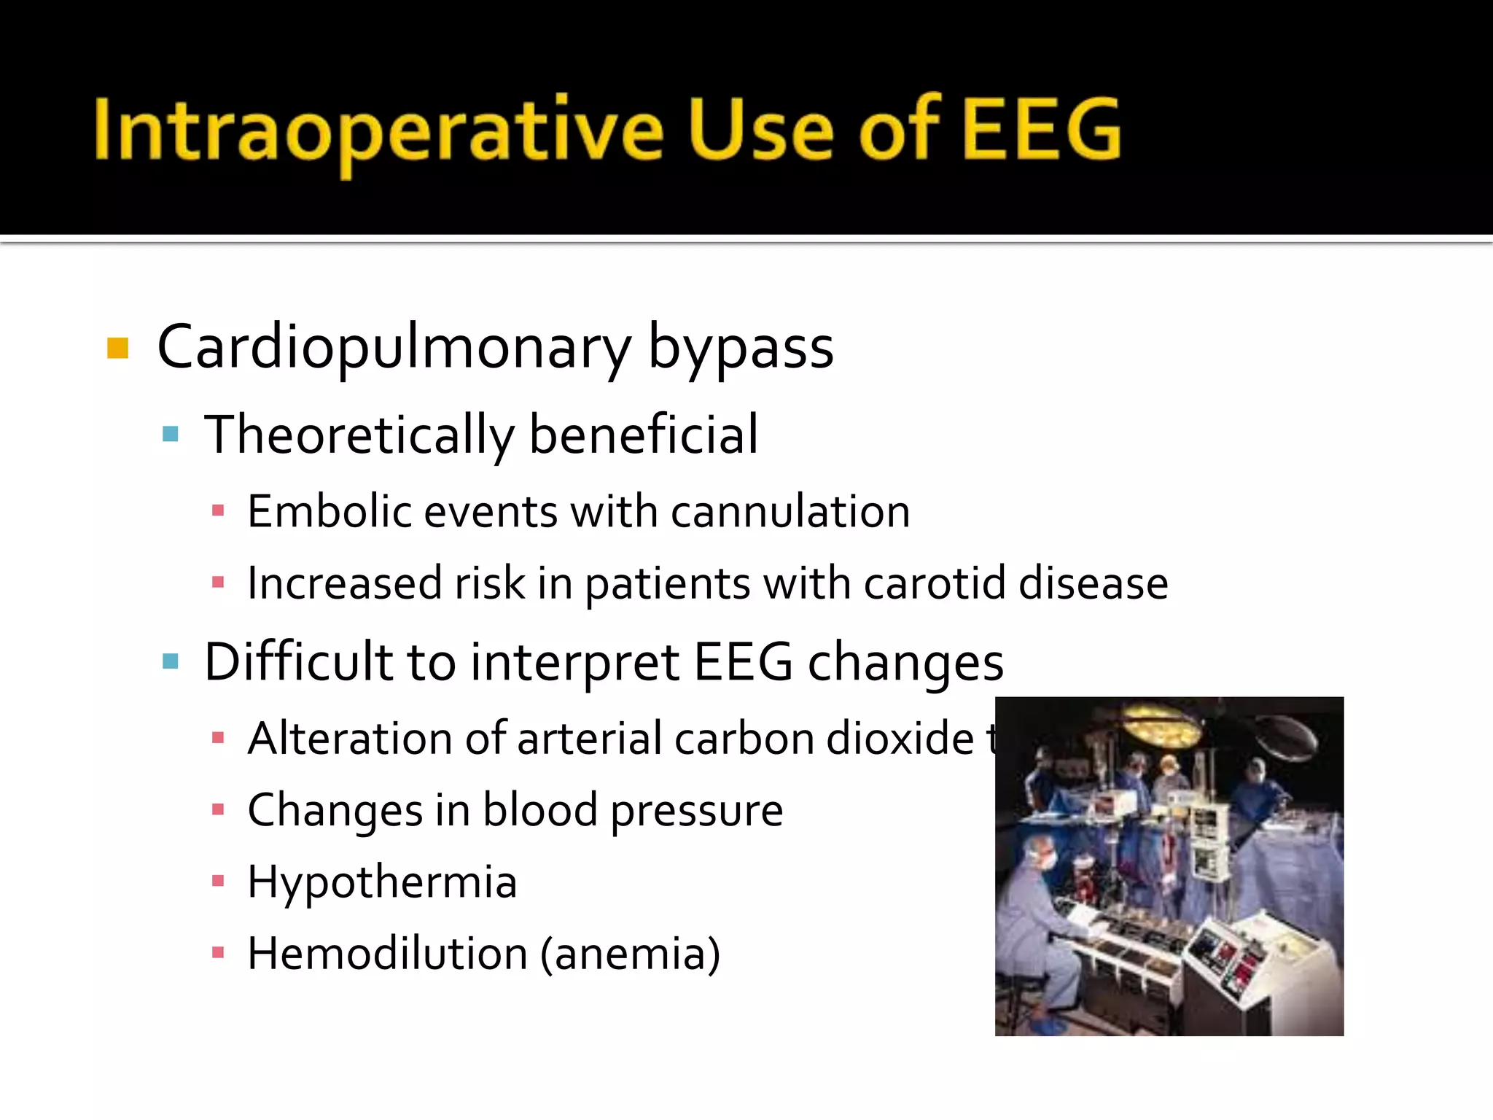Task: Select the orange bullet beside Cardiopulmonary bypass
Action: coord(117,349)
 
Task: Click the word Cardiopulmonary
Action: coord(394,349)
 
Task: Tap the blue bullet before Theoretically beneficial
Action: coord(171,435)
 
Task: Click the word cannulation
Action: coord(790,511)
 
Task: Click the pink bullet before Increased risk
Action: coord(217,583)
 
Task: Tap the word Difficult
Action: coord(299,662)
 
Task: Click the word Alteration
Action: coord(350,738)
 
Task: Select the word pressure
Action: coord(696,811)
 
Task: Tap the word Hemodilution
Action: coord(387,954)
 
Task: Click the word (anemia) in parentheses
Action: coord(630,954)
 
